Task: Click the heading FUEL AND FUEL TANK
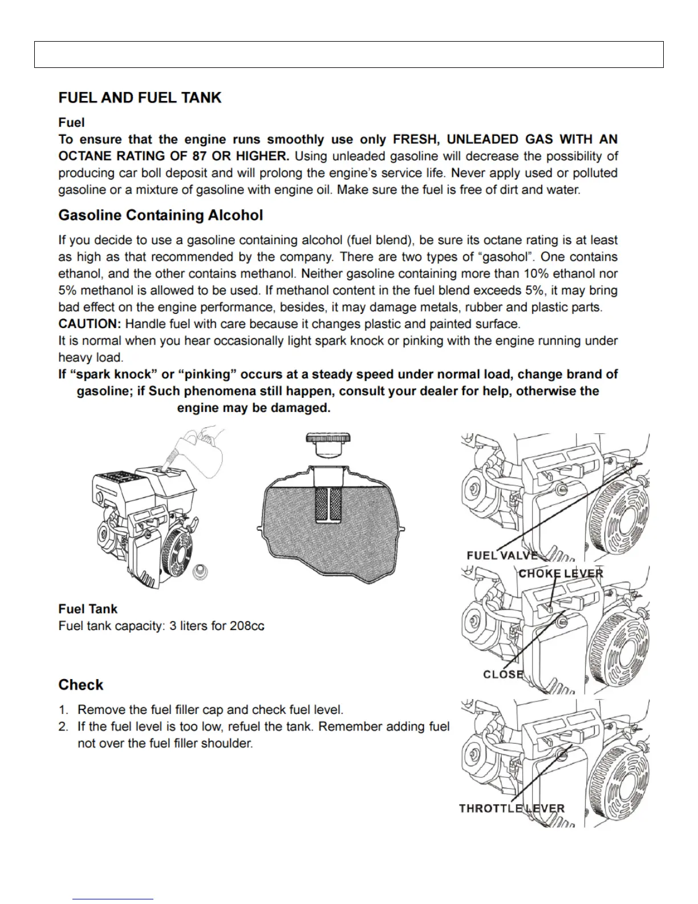[140, 98]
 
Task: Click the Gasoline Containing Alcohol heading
[160, 215]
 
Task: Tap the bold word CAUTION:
[90, 324]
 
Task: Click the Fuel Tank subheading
[88, 609]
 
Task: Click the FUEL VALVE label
[502, 555]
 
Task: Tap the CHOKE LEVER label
[561, 574]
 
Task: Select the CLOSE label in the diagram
[503, 674]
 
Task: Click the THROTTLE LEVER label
[512, 808]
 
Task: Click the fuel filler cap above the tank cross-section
[328, 445]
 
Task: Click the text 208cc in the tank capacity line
[247, 626]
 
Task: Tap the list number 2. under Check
[64, 727]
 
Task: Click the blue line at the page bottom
[112, 899]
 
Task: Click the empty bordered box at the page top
[348, 55]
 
